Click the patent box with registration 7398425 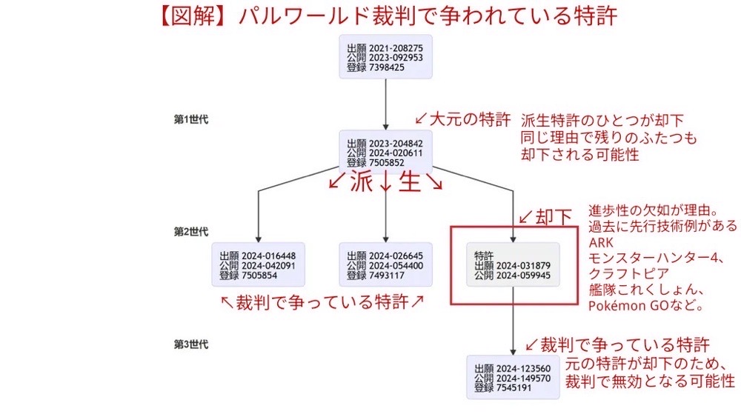coord(385,57)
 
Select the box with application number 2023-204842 coord(385,153)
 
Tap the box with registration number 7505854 coord(258,265)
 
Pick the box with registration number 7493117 coord(385,265)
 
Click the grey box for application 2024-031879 coord(513,265)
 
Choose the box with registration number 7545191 coord(513,378)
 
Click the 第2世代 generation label coord(190,232)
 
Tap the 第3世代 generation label coord(190,344)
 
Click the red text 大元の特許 coord(470,119)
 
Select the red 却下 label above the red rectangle coord(554,216)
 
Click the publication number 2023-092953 coord(396,57)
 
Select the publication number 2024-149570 coord(524,378)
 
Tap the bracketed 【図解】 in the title coord(194,16)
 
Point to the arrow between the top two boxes coord(386,104)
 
